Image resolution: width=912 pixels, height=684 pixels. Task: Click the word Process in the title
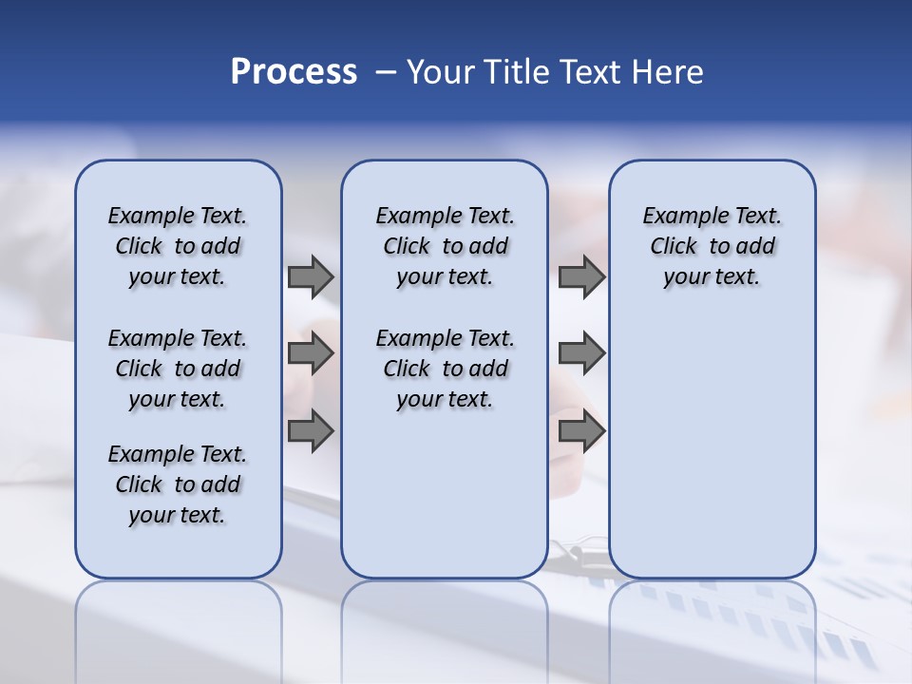click(x=294, y=72)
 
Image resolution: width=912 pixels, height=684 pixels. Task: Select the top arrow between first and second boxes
click(x=311, y=277)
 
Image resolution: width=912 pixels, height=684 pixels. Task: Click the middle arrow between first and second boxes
click(x=311, y=353)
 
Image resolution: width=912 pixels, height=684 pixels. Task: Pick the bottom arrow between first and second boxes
click(x=311, y=431)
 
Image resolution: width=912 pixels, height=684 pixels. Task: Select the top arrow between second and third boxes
click(x=581, y=277)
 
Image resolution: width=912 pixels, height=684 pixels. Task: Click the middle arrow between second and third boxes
click(x=581, y=353)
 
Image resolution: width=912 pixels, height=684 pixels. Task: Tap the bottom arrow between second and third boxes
click(x=581, y=431)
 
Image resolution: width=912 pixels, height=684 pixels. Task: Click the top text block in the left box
click(x=178, y=246)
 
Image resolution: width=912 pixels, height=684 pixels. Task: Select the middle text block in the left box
click(x=178, y=369)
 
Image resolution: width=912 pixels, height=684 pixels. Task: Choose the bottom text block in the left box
click(x=178, y=484)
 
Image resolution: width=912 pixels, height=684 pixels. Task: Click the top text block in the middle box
click(x=445, y=246)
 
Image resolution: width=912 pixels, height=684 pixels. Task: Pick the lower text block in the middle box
click(x=445, y=369)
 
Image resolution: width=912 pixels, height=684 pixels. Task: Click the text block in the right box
click(x=712, y=246)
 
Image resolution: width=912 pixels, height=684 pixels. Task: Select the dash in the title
click(x=387, y=72)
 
